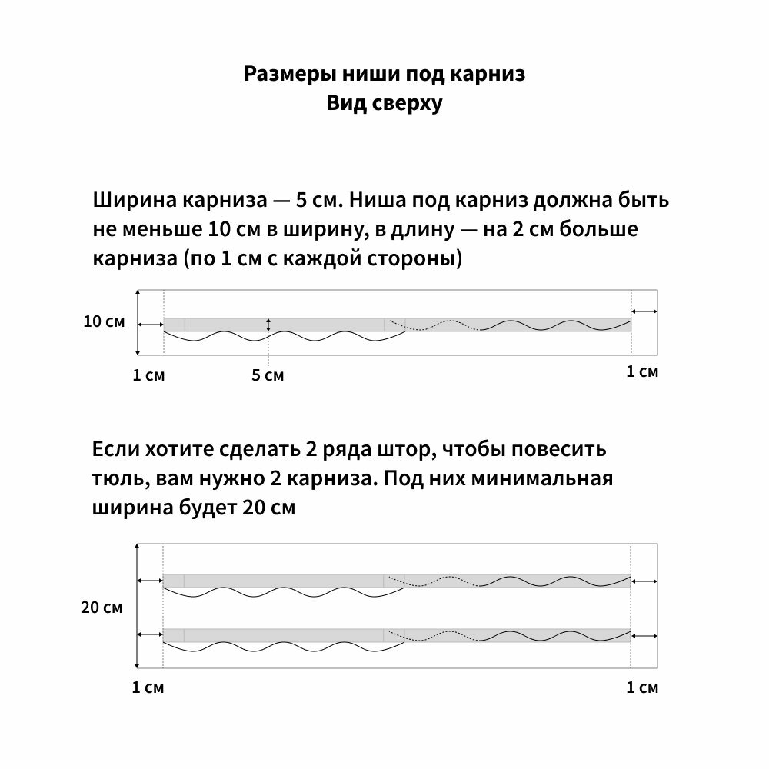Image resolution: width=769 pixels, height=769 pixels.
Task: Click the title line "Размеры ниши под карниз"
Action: pyautogui.click(x=384, y=75)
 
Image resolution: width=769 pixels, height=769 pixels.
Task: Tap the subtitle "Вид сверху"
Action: pyautogui.click(x=384, y=104)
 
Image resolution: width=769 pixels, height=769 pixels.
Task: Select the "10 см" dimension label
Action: pyautogui.click(x=104, y=321)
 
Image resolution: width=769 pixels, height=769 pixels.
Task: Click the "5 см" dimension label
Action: pyautogui.click(x=268, y=375)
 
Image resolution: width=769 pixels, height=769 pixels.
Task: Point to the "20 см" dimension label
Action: pyautogui.click(x=102, y=608)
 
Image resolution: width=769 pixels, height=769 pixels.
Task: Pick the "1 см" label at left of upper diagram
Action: pyautogui.click(x=148, y=375)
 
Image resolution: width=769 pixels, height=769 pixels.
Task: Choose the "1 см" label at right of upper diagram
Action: pyautogui.click(x=643, y=372)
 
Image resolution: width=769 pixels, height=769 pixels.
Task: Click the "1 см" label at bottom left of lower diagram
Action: pyautogui.click(x=148, y=687)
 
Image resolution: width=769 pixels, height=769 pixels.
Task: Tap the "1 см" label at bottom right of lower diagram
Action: pyautogui.click(x=643, y=687)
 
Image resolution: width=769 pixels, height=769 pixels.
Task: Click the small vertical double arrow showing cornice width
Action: pyautogui.click(x=268, y=325)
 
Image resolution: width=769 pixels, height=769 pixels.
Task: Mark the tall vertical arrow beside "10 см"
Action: pyautogui.click(x=137, y=322)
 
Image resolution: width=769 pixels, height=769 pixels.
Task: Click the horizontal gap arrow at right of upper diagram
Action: pyautogui.click(x=644, y=311)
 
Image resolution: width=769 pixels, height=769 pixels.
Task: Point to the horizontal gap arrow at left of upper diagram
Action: pyautogui.click(x=151, y=325)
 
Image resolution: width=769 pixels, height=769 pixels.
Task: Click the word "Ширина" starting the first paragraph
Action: pyautogui.click(x=135, y=201)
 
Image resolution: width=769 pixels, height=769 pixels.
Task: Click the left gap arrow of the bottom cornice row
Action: pyautogui.click(x=151, y=634)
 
